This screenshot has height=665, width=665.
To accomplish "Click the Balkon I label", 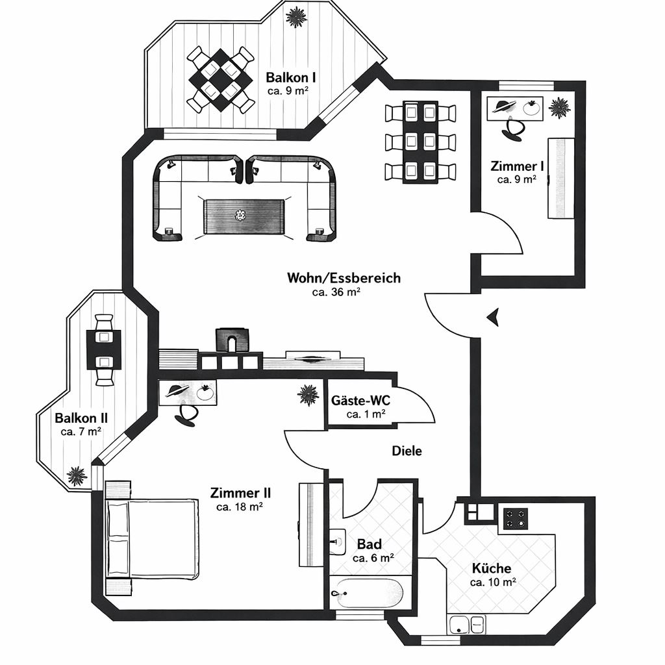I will [288, 78].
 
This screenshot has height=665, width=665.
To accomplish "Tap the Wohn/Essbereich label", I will [344, 278].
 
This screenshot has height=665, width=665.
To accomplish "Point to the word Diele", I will [407, 451].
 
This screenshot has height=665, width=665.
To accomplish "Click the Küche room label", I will [492, 568].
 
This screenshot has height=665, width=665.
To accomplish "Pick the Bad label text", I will [370, 544].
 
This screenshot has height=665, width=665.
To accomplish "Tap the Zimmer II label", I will [240, 494].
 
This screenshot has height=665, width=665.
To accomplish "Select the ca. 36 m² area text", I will [336, 292].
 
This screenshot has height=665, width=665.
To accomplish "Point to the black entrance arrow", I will [493, 317].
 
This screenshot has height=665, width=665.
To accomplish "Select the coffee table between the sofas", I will [244, 216].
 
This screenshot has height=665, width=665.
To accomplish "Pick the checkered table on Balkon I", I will [221, 80].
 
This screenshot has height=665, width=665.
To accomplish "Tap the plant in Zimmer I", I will [558, 107].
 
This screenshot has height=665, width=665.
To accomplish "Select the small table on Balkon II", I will [104, 350].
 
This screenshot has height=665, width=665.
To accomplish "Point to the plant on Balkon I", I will [296, 18].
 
